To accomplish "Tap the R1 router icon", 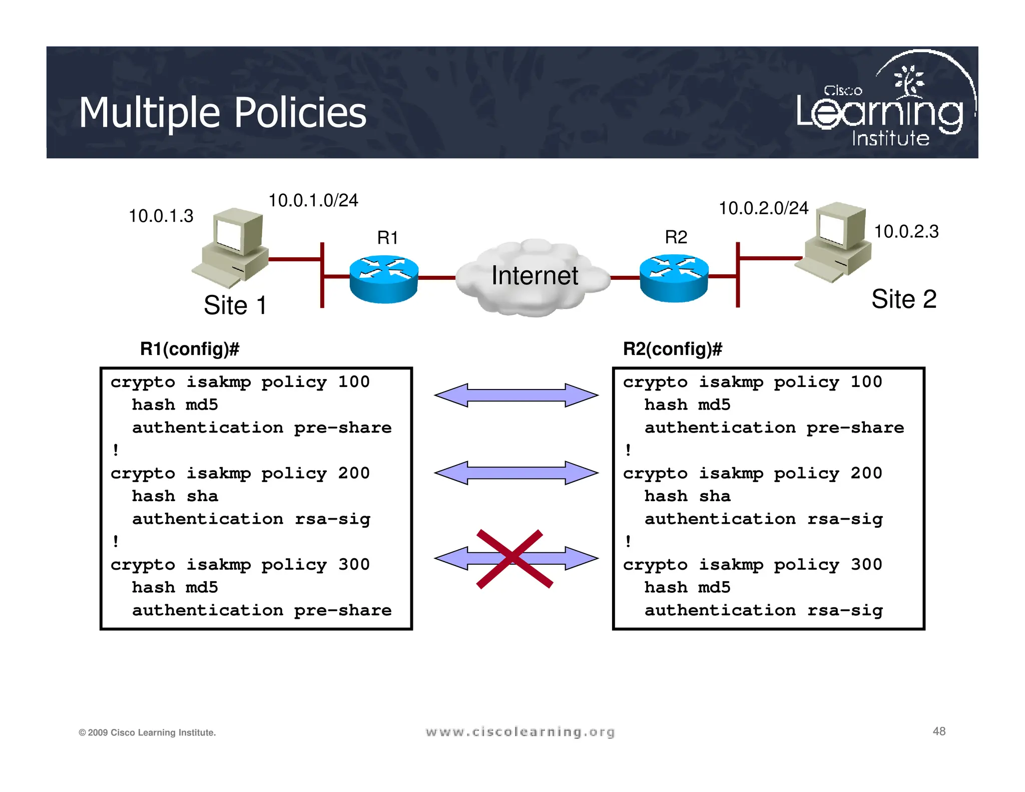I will coord(384,279).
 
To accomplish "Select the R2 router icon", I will coord(674,278).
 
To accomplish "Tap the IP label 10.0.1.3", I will coord(161,216).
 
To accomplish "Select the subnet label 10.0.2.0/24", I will coord(763,208).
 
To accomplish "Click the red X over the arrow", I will coord(514,558).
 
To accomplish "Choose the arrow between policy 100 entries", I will coord(516,395).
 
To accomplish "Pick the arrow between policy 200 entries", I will coord(516,473).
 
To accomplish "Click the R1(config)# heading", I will coord(190,348).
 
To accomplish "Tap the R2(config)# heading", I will coord(672,348).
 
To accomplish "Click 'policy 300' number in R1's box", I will coord(354,564).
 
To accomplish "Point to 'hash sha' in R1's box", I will coord(175,496).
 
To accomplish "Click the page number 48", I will coord(939,731).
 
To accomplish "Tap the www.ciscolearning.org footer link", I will coord(520,732).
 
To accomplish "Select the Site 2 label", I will coord(903,299).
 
